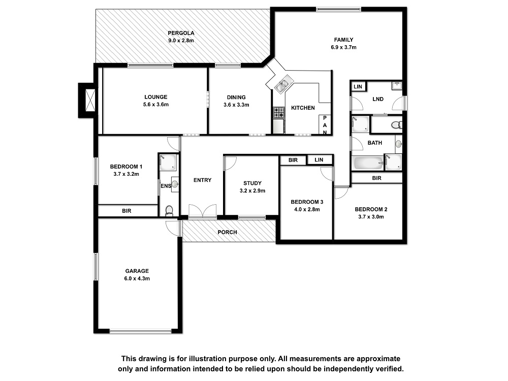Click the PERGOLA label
click(181, 33)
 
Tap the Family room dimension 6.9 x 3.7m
click(343, 47)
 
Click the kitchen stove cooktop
click(278, 112)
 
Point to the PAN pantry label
click(325, 125)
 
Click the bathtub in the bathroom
click(368, 163)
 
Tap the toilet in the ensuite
click(169, 211)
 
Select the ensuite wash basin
click(175, 184)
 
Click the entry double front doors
click(203, 211)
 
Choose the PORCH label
click(227, 232)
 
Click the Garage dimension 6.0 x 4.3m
click(137, 278)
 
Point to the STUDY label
click(252, 183)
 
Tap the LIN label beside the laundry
click(358, 86)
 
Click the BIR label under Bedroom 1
click(126, 211)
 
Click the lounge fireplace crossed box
click(90, 101)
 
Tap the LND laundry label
click(378, 99)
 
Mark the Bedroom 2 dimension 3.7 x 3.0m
click(371, 217)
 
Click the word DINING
click(236, 97)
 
